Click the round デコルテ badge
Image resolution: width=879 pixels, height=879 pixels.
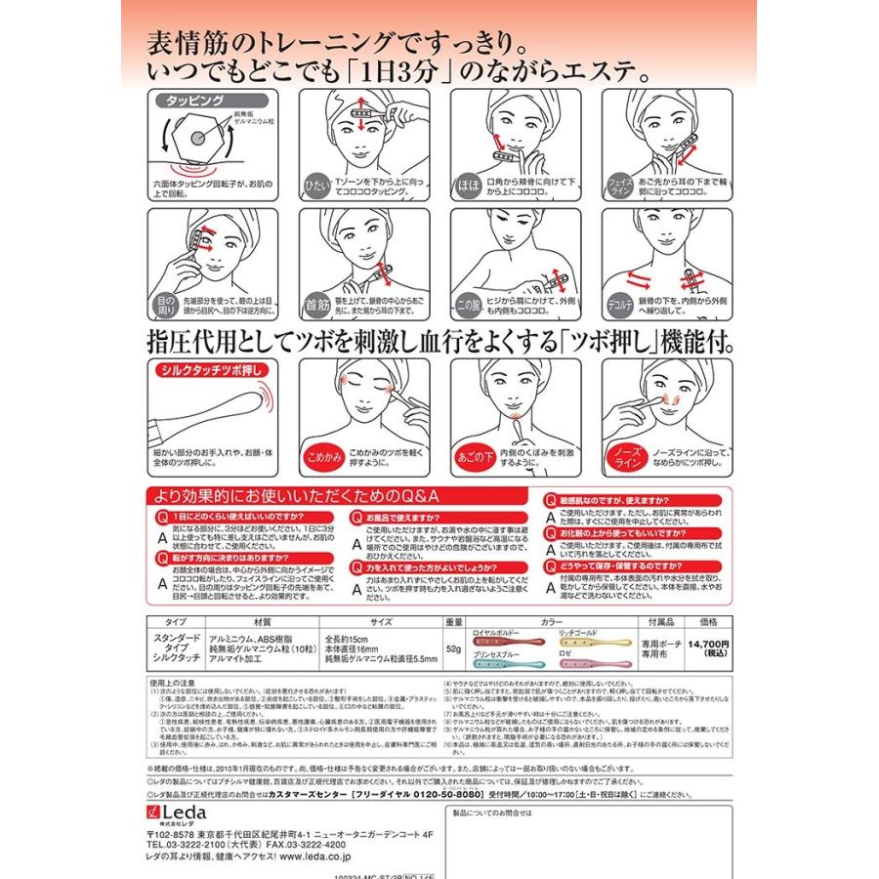coord(618,303)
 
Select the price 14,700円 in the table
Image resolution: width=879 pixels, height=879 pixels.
coord(709,644)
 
